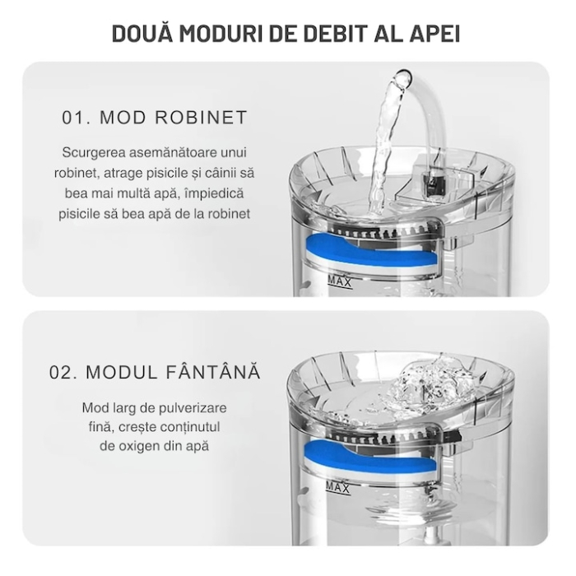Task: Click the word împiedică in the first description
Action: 212,193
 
